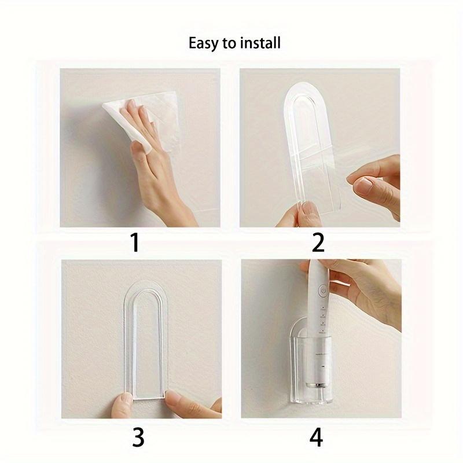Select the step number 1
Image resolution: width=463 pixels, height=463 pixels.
pyautogui.click(x=134, y=242)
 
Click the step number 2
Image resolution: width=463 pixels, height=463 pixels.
pyautogui.click(x=318, y=242)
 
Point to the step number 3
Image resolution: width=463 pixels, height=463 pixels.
pyautogui.click(x=138, y=437)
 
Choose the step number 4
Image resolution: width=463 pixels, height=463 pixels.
pyautogui.click(x=316, y=437)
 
